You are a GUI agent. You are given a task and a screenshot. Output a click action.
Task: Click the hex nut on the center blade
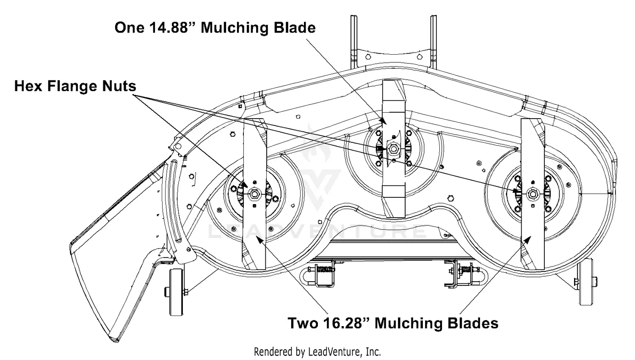pyautogui.click(x=393, y=148)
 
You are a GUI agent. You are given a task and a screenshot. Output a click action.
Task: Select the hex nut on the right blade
pyautogui.click(x=532, y=194)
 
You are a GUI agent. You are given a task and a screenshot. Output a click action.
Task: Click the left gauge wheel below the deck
pyautogui.click(x=177, y=292)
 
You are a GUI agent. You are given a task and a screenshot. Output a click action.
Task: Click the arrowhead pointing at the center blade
pyautogui.click(x=383, y=121)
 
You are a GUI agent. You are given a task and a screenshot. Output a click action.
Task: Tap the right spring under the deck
pyautogui.click(x=467, y=269)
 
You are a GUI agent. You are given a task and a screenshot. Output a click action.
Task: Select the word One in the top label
pyautogui.click(x=129, y=28)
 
